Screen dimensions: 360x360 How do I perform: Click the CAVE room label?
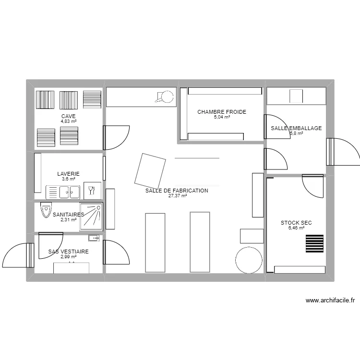pos(69,116)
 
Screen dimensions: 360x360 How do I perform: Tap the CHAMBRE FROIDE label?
pos(222,112)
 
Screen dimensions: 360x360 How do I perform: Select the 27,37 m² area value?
pos(178,196)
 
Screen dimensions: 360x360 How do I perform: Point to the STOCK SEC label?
pos(296,223)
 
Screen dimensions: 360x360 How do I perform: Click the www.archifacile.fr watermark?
pos(330,300)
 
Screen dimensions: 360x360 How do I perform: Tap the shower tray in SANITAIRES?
pos(91,216)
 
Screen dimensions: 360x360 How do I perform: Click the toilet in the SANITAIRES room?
pos(46,210)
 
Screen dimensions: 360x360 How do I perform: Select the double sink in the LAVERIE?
pos(63,192)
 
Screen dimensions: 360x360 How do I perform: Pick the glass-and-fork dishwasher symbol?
pos(92,191)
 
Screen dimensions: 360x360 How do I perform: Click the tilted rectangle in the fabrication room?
pos(150,171)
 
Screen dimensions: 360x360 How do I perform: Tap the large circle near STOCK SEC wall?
pos(249,260)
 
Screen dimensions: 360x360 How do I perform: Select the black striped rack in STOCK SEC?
pos(314,243)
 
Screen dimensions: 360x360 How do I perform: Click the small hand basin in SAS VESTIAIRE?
pos(94,238)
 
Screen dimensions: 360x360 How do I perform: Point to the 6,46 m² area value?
pos(296,228)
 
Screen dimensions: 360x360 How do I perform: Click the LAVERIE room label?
pos(69,174)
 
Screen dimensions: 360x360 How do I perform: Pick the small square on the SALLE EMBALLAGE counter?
pos(296,96)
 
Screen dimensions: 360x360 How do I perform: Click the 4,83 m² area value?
pos(69,121)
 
